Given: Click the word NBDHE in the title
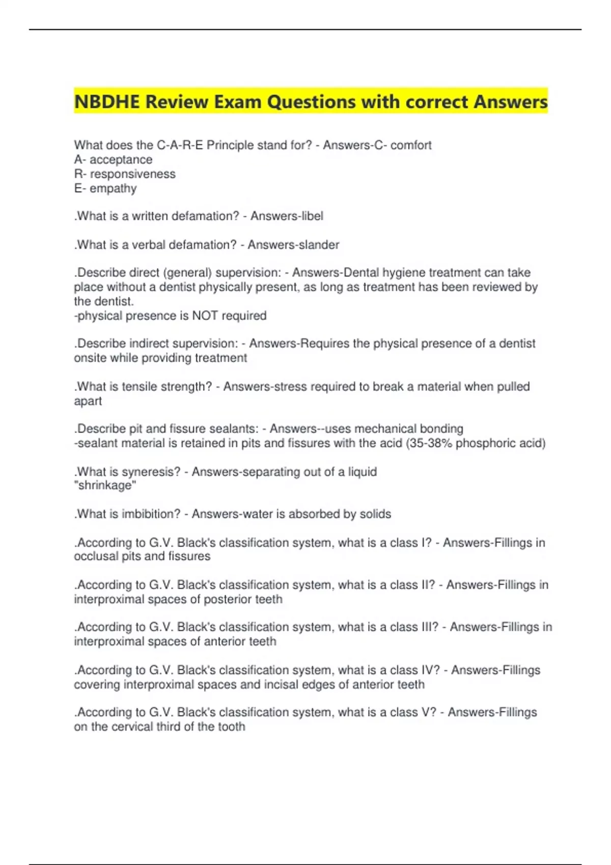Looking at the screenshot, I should tap(107, 102).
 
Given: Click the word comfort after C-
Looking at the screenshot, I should tap(411, 146).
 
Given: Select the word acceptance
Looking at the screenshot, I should tap(121, 160).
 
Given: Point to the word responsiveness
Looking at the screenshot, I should tap(132, 174).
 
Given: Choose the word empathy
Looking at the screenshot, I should tap(113, 189).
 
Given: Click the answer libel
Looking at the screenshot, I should tap(312, 216).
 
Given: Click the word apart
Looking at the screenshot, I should tap(88, 401).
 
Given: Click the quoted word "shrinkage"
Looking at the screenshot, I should tap(105, 485).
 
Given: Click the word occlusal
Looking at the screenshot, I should tap(96, 556).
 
